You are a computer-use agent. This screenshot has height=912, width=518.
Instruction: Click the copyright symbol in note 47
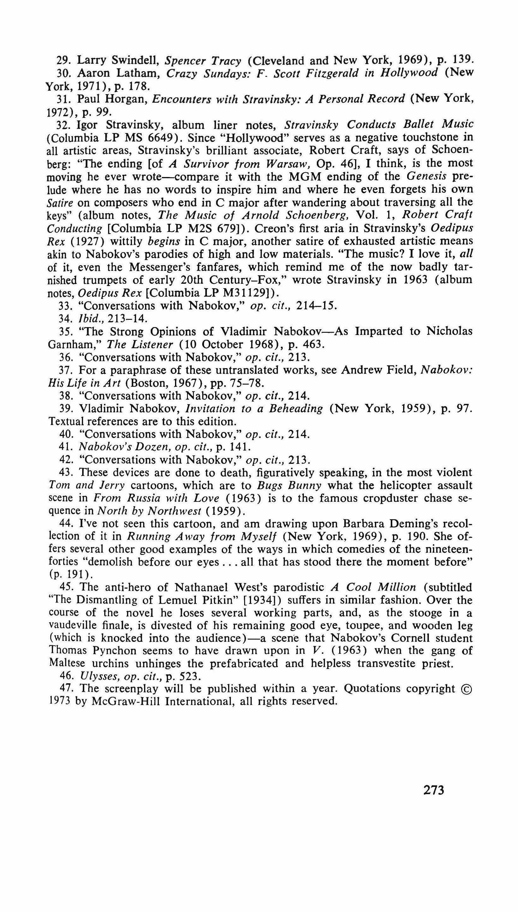(x=467, y=689)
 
